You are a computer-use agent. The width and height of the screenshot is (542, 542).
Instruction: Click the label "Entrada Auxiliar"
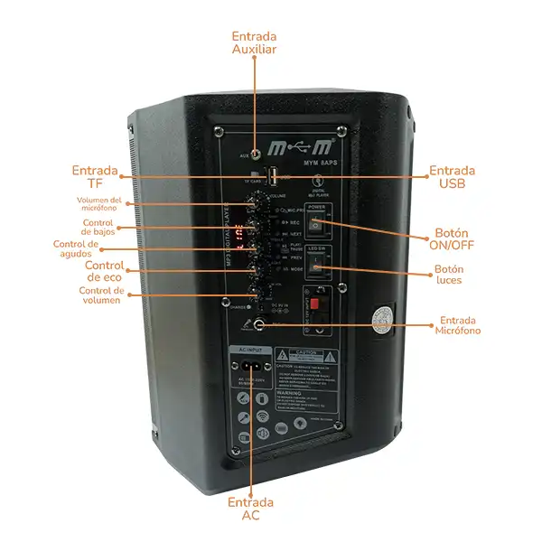coord(254,42)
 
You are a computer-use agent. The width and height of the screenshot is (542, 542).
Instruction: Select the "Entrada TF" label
coord(95,177)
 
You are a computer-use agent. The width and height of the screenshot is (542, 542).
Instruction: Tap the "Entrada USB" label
coord(453,177)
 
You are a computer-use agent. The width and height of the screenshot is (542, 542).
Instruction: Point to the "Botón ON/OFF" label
coord(454,238)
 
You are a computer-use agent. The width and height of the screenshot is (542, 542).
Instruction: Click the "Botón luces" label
coord(449,275)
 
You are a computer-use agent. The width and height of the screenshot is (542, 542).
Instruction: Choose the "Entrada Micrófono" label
coord(460,325)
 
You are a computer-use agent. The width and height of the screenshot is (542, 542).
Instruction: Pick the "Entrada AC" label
coord(250,509)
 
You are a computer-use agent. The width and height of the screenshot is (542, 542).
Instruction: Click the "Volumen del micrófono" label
coord(98,204)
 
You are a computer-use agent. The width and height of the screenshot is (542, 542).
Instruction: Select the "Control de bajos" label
coord(98,228)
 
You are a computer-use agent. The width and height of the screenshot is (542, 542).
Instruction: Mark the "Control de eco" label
coord(105,271)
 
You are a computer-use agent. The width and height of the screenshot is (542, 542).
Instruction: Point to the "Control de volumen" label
coord(101,295)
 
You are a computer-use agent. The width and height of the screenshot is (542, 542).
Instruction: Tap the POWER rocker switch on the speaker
coord(315,226)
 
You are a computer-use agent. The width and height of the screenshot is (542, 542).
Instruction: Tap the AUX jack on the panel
coord(257,155)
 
